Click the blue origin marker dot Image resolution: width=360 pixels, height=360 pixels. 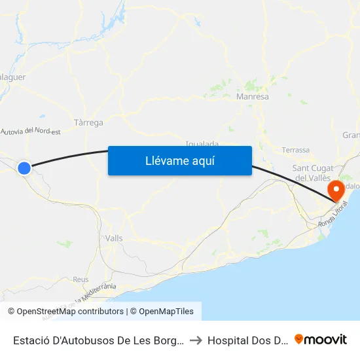tap(24, 168)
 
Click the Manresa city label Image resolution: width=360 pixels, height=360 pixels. tap(252, 97)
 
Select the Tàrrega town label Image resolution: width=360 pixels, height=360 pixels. tap(88, 122)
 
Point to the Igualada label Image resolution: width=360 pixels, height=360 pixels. tap(202, 143)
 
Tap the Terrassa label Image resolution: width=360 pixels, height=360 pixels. tap(296, 150)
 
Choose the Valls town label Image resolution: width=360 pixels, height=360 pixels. tap(114, 239)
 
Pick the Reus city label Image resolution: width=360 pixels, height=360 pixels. tap(81, 279)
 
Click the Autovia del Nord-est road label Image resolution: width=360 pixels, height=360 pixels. tap(31, 132)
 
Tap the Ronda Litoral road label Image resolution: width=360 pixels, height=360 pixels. tap(333, 215)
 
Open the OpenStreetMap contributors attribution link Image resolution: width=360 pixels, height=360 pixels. tap(70, 312)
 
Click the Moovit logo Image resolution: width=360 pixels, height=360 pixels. tap(321, 340)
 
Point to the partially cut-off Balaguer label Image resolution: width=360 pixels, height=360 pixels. tap(13, 77)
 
